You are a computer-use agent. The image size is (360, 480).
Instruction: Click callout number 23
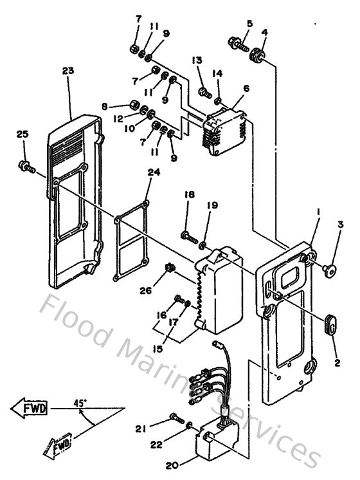[x=67, y=71]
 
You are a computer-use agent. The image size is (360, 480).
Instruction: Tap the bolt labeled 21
[x=175, y=420]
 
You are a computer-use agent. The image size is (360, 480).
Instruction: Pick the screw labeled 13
[x=203, y=92]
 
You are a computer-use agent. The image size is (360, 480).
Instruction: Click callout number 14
[x=218, y=74]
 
